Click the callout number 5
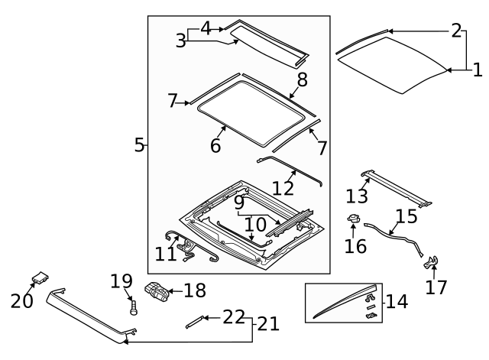(138, 144)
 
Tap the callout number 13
(356, 196)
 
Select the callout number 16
(355, 246)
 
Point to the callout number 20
(22, 300)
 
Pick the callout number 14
(397, 301)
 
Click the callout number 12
(283, 187)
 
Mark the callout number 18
(195, 290)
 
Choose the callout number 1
(478, 70)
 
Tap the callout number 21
(267, 323)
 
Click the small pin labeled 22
(194, 320)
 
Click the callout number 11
(166, 254)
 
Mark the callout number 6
(215, 144)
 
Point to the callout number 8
(302, 79)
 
